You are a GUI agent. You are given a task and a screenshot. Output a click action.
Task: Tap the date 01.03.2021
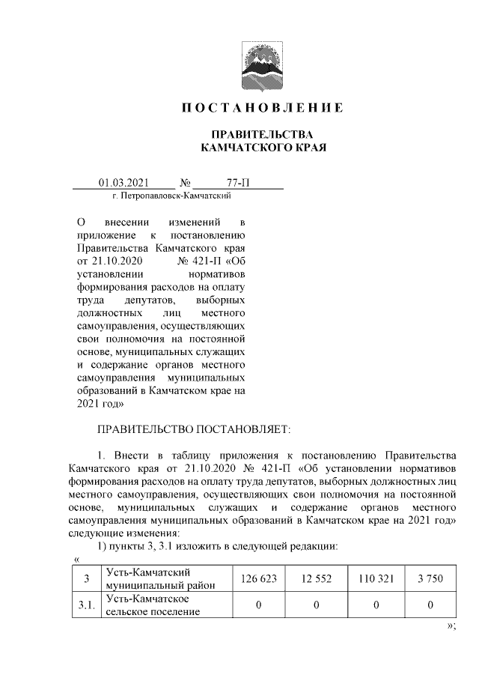(x=124, y=182)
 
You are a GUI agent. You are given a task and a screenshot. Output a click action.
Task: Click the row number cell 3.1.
(x=86, y=605)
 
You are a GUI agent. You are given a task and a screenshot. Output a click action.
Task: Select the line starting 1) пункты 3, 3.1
(x=219, y=546)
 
